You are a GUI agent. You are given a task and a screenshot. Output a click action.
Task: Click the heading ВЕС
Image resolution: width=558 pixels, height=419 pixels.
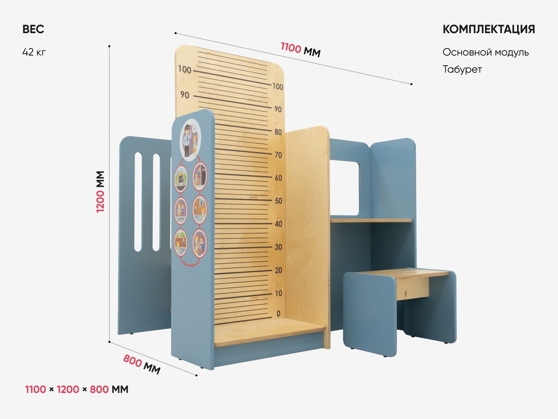point(33,29)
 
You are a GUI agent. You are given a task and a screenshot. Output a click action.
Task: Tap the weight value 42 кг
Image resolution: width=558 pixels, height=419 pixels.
point(34,52)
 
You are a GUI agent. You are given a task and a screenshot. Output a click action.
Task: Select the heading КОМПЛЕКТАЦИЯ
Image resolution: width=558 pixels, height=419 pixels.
point(488,29)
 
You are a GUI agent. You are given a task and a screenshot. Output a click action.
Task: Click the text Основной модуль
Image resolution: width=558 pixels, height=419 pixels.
point(485,52)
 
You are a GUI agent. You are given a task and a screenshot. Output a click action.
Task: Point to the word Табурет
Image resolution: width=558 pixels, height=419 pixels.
point(462,70)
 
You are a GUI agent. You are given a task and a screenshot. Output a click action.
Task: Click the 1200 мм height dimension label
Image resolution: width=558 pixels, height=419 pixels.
point(100,192)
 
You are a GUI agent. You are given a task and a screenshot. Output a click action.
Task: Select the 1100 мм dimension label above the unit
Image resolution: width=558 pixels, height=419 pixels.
point(301,50)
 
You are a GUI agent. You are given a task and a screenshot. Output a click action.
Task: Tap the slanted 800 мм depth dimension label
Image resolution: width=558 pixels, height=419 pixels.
point(142,364)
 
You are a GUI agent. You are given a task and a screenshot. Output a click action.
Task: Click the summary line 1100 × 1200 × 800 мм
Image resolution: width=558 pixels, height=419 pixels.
point(77,390)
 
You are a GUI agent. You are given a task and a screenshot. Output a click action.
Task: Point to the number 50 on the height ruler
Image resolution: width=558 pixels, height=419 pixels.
point(278,201)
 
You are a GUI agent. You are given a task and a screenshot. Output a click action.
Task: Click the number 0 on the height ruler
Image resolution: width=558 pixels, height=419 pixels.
point(278,314)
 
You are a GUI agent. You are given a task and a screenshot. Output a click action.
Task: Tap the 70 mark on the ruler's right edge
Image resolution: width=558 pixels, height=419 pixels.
point(278,155)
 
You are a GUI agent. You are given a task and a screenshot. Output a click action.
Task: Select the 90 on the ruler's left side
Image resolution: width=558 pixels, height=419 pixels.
point(185,95)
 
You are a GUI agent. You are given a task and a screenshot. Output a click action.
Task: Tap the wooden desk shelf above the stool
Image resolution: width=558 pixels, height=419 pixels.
point(371,221)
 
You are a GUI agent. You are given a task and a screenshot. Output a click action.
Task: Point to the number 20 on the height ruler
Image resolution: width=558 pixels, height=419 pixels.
point(278,270)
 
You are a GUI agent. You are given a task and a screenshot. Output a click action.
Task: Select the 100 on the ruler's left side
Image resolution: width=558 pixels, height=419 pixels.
point(185,70)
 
